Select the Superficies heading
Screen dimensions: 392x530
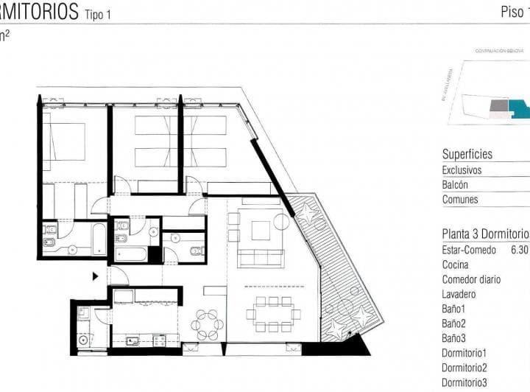(x=467, y=155)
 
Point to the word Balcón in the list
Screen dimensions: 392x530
(x=455, y=185)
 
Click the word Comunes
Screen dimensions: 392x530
(x=459, y=200)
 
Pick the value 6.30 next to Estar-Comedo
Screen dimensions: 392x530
(x=520, y=250)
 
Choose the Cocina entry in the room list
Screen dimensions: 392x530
(x=456, y=265)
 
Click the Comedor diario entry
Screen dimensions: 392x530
(x=471, y=279)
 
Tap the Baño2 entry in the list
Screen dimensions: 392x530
(x=454, y=323)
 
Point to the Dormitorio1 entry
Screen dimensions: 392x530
(x=464, y=353)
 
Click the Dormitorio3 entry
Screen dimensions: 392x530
(x=464, y=382)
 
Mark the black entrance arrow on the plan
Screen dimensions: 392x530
(x=95, y=277)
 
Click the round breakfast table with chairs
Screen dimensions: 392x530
(x=208, y=324)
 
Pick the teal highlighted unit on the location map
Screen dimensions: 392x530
(x=520, y=111)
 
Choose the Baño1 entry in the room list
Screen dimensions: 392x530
(x=454, y=309)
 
